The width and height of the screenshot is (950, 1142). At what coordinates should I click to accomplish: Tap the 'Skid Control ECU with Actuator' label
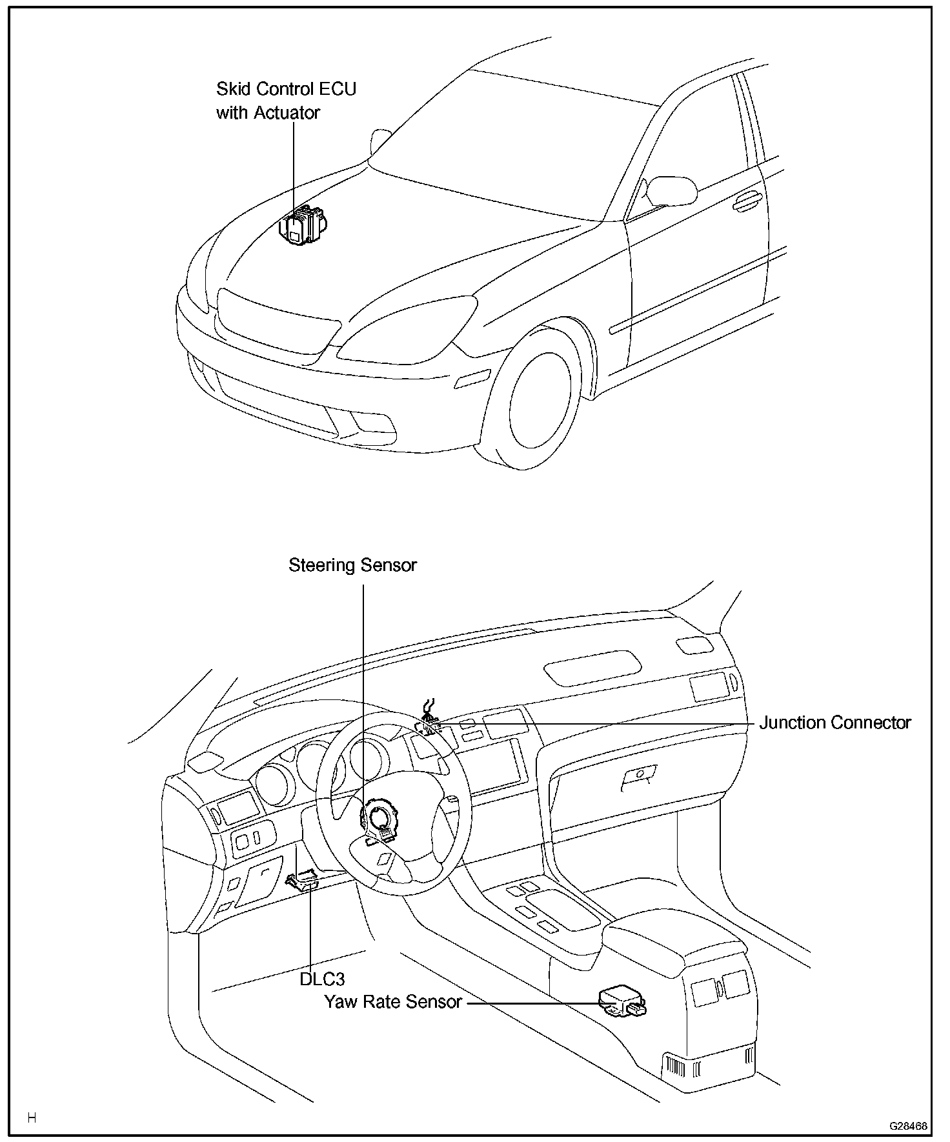(x=286, y=101)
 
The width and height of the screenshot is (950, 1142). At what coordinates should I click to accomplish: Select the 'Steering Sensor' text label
(x=352, y=565)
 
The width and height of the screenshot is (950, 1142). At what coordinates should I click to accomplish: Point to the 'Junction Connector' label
(x=834, y=723)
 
